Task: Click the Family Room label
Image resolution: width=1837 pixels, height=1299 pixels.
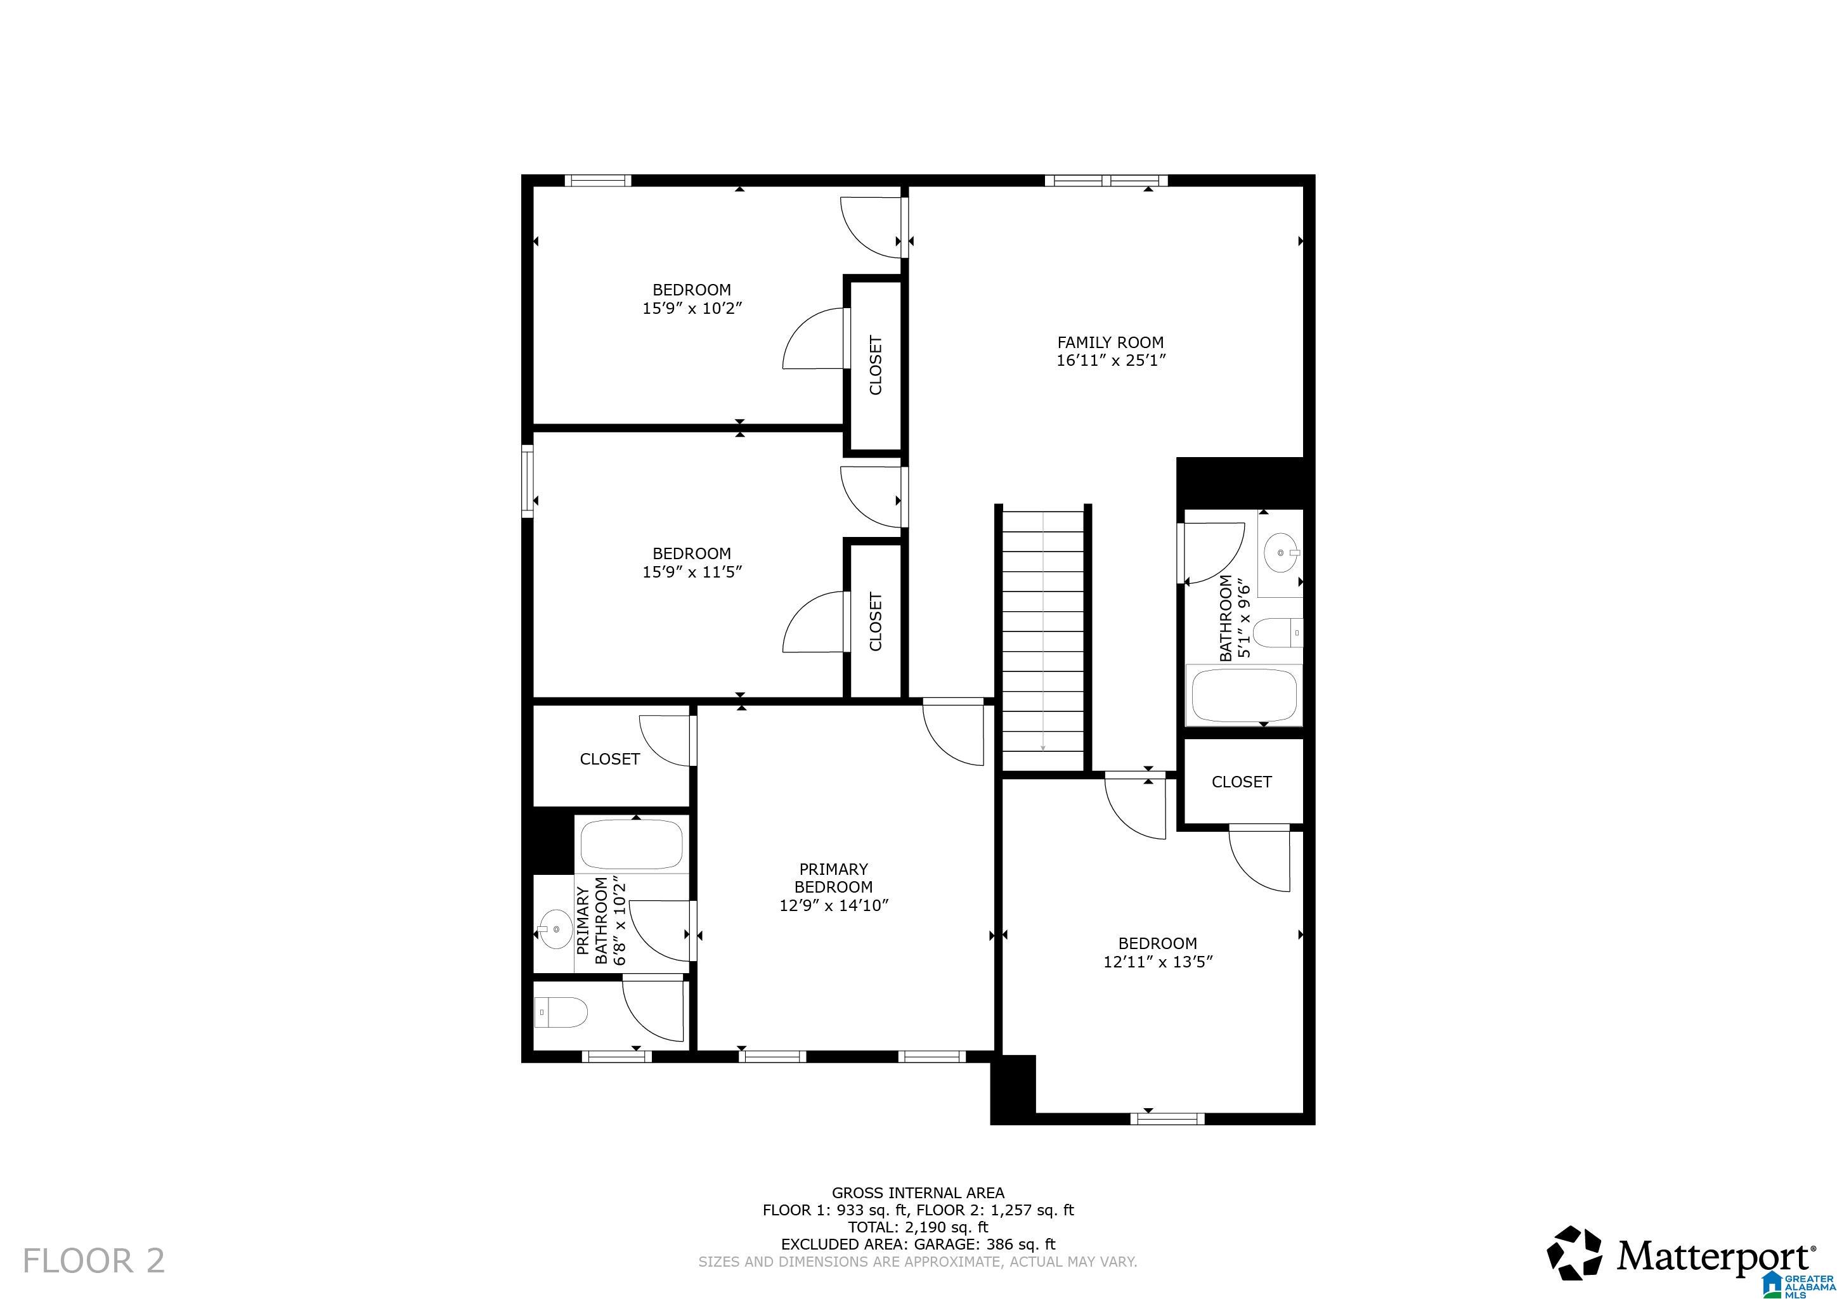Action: point(1110,342)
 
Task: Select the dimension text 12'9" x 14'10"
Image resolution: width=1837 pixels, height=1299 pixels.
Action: point(834,905)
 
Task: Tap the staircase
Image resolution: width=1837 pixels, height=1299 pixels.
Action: point(1043,640)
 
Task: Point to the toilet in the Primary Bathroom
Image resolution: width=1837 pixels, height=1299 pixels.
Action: point(561,1012)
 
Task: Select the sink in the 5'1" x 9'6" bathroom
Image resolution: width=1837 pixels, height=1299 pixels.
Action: point(1282,553)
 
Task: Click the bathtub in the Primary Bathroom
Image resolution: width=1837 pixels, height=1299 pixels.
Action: point(632,844)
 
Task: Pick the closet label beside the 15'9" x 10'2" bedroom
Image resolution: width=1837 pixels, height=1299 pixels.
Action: point(875,365)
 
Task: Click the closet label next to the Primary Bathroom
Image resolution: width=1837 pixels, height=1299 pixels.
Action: point(609,758)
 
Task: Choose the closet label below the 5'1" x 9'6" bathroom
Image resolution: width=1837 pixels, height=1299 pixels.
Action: point(1241,782)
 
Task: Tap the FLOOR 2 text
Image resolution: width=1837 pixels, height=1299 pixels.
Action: point(94,1260)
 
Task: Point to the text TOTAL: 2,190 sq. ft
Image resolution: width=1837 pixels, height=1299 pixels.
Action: point(918,1227)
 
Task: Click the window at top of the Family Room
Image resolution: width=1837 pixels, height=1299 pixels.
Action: point(1106,181)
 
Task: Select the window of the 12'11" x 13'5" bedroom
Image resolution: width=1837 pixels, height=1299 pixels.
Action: point(1167,1119)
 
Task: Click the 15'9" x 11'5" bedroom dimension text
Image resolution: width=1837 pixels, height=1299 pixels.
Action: point(692,572)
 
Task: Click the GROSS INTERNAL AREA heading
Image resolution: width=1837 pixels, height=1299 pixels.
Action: point(918,1192)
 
